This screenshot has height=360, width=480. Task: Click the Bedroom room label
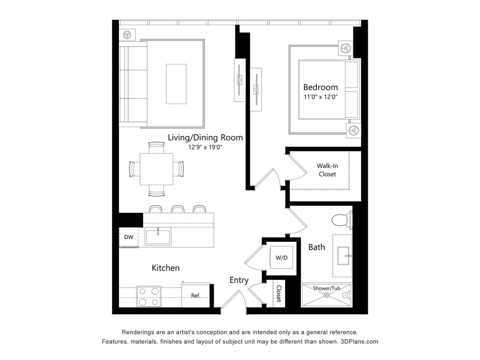tap(320, 87)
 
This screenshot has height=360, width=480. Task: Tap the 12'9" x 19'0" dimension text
tap(205, 147)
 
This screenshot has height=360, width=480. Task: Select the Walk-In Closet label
tap(327, 170)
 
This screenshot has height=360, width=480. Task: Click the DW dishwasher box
tap(128, 237)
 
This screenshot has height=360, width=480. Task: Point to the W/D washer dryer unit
tap(281, 258)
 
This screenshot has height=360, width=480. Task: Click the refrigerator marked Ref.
tap(195, 295)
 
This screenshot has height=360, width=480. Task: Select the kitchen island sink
tap(158, 236)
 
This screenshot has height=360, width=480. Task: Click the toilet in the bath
tap(341, 220)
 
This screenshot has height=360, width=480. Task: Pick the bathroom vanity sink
tap(343, 256)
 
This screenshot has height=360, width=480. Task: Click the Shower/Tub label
tap(327, 288)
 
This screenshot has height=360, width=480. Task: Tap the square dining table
tap(157, 169)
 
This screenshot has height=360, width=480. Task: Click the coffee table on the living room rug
tap(176, 84)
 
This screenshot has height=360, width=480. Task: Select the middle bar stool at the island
tap(177, 209)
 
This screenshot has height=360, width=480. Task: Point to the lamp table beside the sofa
tap(127, 35)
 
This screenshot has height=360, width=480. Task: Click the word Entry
tap(239, 280)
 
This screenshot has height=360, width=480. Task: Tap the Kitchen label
tap(166, 268)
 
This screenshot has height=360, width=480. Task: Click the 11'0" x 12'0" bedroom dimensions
tap(320, 97)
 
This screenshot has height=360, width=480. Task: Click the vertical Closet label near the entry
tap(279, 293)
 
